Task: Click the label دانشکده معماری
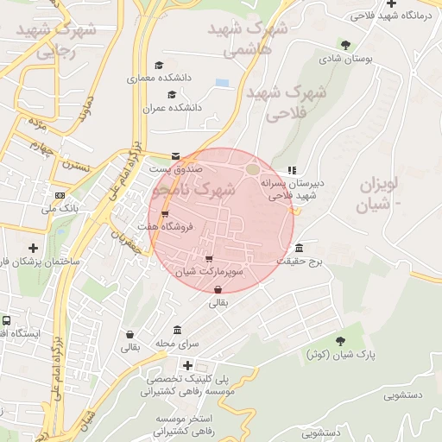click(x=153, y=79)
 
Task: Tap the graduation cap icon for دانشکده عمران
click(x=171, y=95)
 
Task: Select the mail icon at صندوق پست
click(x=176, y=156)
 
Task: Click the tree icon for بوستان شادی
click(x=346, y=45)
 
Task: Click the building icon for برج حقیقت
click(x=299, y=249)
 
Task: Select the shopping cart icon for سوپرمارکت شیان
click(x=209, y=258)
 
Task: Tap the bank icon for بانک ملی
click(x=60, y=195)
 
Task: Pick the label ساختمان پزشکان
click(x=39, y=261)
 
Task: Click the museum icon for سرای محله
click(x=177, y=331)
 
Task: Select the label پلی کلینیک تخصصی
click(x=187, y=379)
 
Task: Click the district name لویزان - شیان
click(x=380, y=193)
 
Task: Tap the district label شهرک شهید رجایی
click(x=52, y=40)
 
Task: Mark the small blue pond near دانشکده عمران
click(x=223, y=83)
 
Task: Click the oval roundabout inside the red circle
click(x=252, y=169)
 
